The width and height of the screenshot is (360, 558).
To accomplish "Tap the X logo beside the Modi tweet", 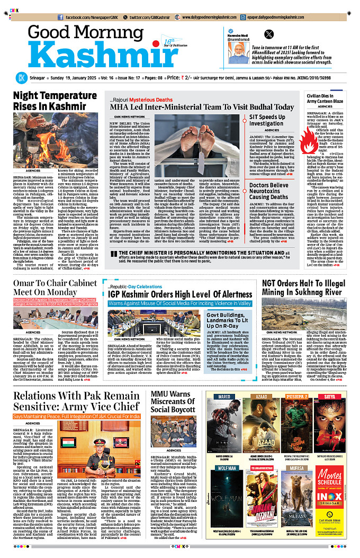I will [x=269, y=34].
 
